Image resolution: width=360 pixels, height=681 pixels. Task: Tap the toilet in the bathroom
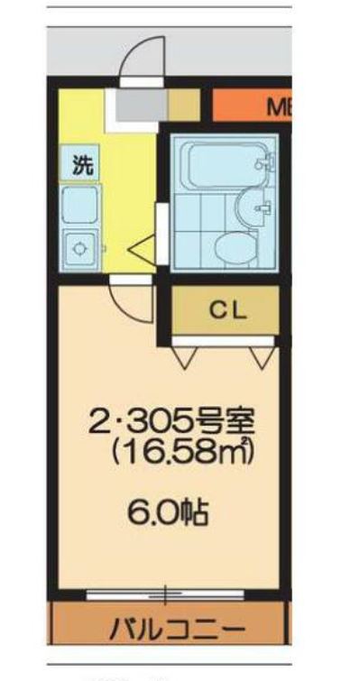click(x=237, y=244)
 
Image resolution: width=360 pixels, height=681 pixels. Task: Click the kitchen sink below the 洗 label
click(x=80, y=205)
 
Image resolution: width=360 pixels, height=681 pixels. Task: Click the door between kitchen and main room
click(x=128, y=300)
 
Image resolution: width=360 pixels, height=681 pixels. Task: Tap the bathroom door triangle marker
click(x=143, y=246)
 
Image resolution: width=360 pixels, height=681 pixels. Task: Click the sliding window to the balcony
click(x=166, y=594)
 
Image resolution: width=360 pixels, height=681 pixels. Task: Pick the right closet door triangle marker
click(x=262, y=358)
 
